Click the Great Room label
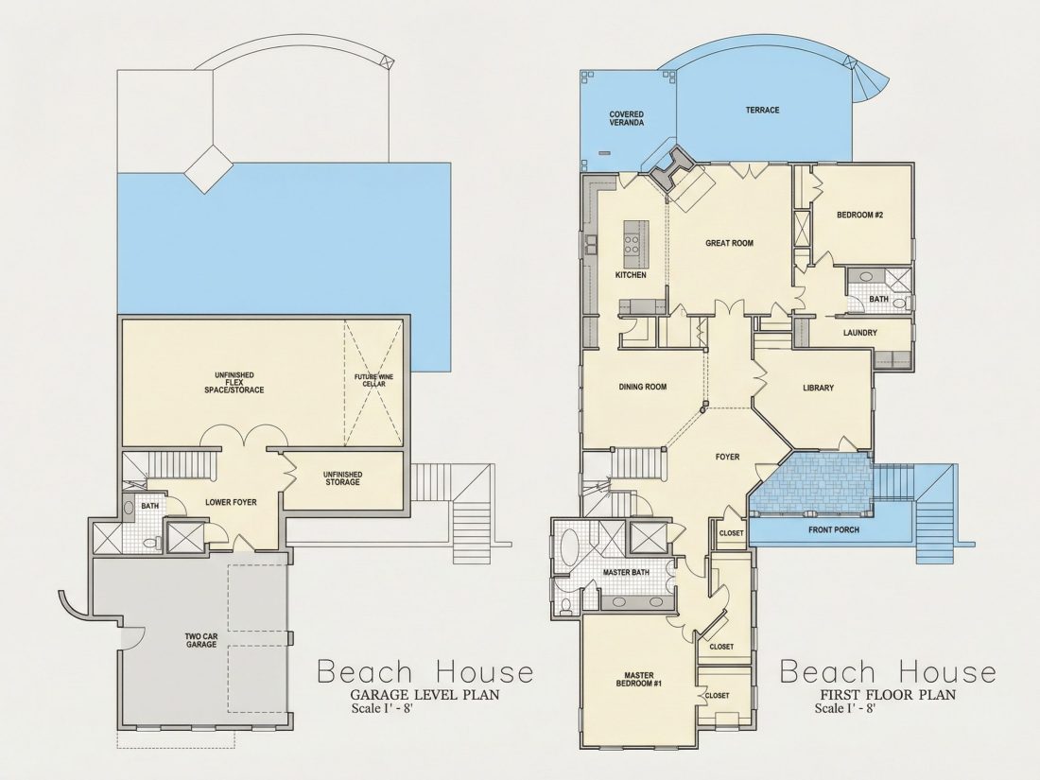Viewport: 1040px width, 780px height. pos(729,243)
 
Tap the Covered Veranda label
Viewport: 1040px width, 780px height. pos(626,119)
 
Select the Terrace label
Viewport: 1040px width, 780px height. pos(762,110)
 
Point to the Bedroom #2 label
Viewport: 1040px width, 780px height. pos(859,215)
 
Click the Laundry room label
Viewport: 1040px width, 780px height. pos(860,333)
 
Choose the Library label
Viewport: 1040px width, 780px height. pos(818,388)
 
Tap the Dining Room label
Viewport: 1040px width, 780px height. pos(643,388)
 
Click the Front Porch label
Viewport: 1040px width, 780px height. pos(834,530)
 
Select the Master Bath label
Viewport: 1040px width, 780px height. pos(626,572)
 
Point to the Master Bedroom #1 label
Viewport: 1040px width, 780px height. pos(639,679)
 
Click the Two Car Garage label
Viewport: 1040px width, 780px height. pos(201,640)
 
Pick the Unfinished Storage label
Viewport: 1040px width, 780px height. pos(342,478)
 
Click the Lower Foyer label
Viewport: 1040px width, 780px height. pos(231,502)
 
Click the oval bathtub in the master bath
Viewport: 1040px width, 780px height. pos(570,546)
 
